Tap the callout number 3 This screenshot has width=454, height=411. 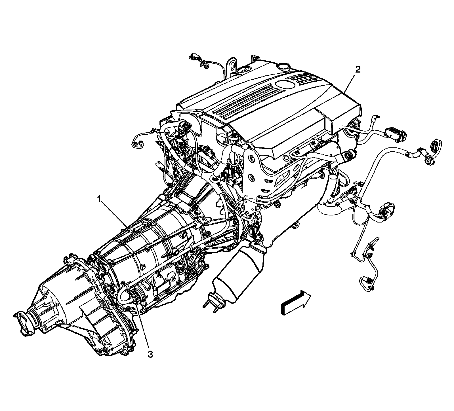pos(150,354)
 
